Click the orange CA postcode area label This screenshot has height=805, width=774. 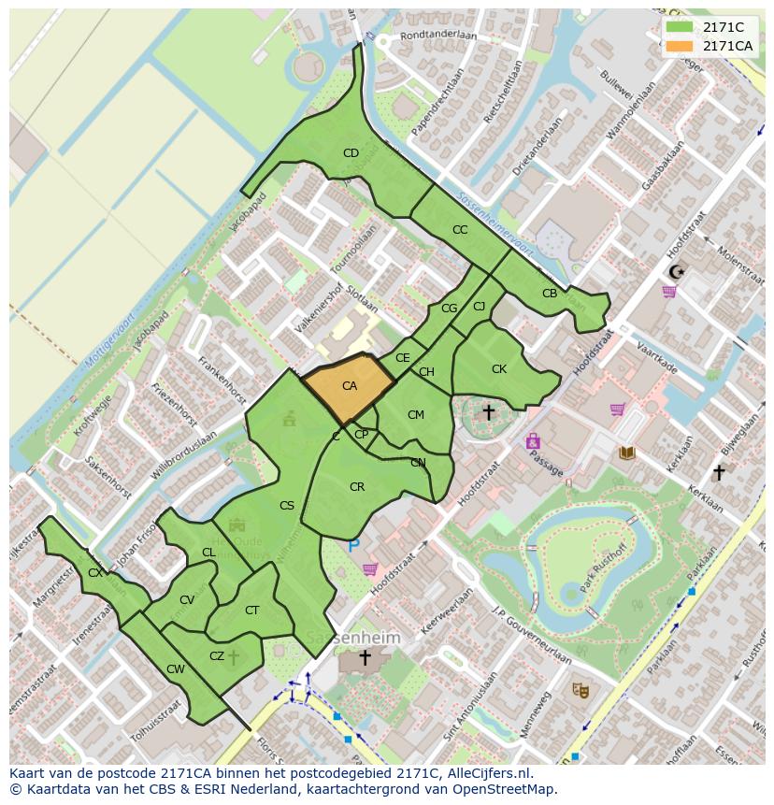(x=350, y=386)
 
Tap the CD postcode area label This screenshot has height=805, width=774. (x=351, y=153)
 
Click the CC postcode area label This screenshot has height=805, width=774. (x=460, y=230)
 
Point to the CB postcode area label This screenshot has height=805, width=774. (x=550, y=294)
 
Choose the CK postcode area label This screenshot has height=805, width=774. (x=499, y=369)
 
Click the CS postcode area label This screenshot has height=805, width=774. (x=287, y=506)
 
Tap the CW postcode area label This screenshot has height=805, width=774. (x=176, y=668)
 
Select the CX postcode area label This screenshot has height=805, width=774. (x=95, y=572)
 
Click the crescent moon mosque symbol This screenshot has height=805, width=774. (x=676, y=272)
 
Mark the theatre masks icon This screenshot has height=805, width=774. (x=580, y=690)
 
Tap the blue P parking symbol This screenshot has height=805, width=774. (x=353, y=545)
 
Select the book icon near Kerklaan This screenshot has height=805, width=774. (x=626, y=453)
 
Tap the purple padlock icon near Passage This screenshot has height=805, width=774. (x=533, y=440)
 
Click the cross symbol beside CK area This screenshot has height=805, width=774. (x=488, y=412)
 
